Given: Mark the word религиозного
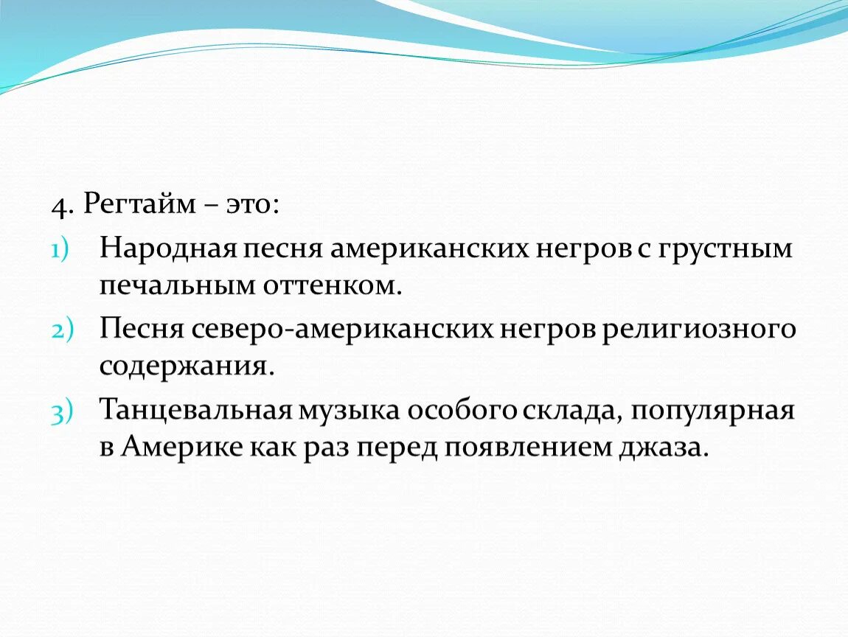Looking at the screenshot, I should coord(699,330).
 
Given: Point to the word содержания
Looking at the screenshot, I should coord(187,366).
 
